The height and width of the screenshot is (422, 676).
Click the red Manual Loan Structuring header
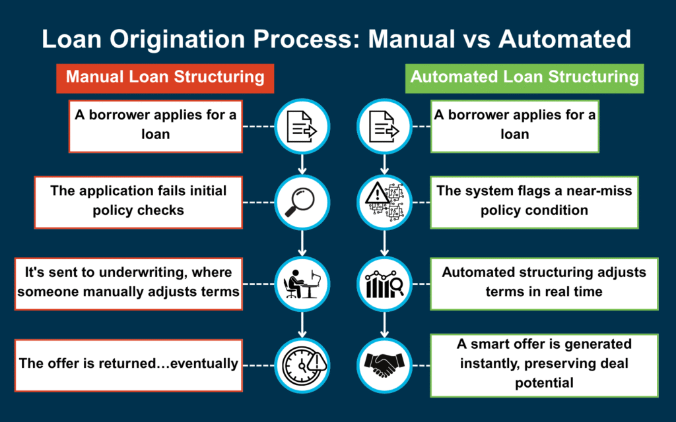click(165, 77)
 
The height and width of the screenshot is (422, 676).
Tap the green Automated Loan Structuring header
click(524, 77)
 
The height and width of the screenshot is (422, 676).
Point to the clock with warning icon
click(301, 363)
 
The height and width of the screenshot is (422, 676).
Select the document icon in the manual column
click(301, 125)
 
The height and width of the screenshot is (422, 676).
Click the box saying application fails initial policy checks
click(139, 200)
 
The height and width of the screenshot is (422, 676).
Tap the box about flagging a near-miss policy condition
click(534, 200)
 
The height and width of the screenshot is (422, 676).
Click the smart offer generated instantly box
click(544, 363)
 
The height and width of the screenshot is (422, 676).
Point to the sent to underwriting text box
click(128, 282)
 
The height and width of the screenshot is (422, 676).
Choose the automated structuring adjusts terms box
click(544, 282)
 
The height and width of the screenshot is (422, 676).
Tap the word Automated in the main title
click(564, 39)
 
